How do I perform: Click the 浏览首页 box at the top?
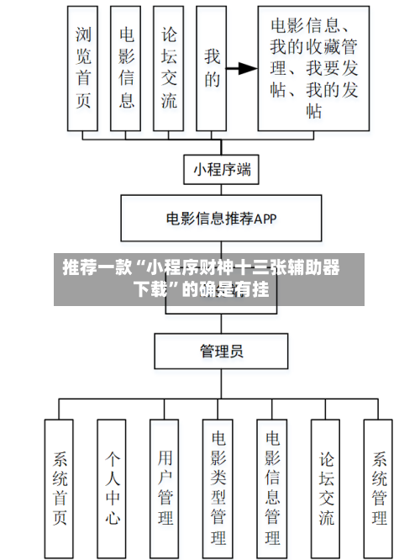[x=83, y=68]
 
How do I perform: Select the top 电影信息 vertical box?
[x=126, y=68]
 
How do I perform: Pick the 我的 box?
[x=212, y=68]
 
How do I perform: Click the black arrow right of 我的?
[x=244, y=69]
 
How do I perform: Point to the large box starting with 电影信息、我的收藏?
[x=313, y=68]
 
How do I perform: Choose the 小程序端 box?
[x=222, y=169]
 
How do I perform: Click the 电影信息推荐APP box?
[x=222, y=219]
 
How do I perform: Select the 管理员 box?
[x=222, y=351]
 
